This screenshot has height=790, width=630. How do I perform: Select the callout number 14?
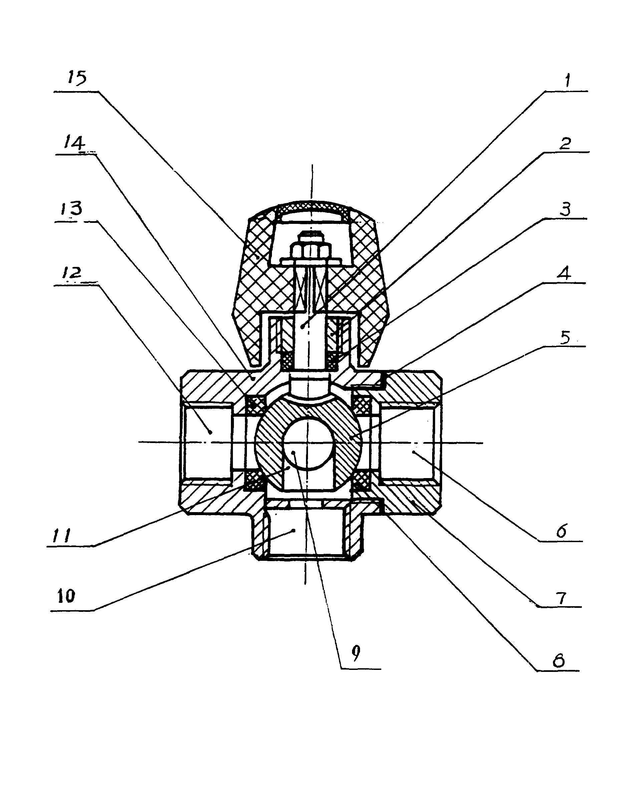click(x=74, y=142)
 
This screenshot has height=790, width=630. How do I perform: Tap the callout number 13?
click(x=71, y=209)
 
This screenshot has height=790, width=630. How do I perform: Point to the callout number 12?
click(x=71, y=272)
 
